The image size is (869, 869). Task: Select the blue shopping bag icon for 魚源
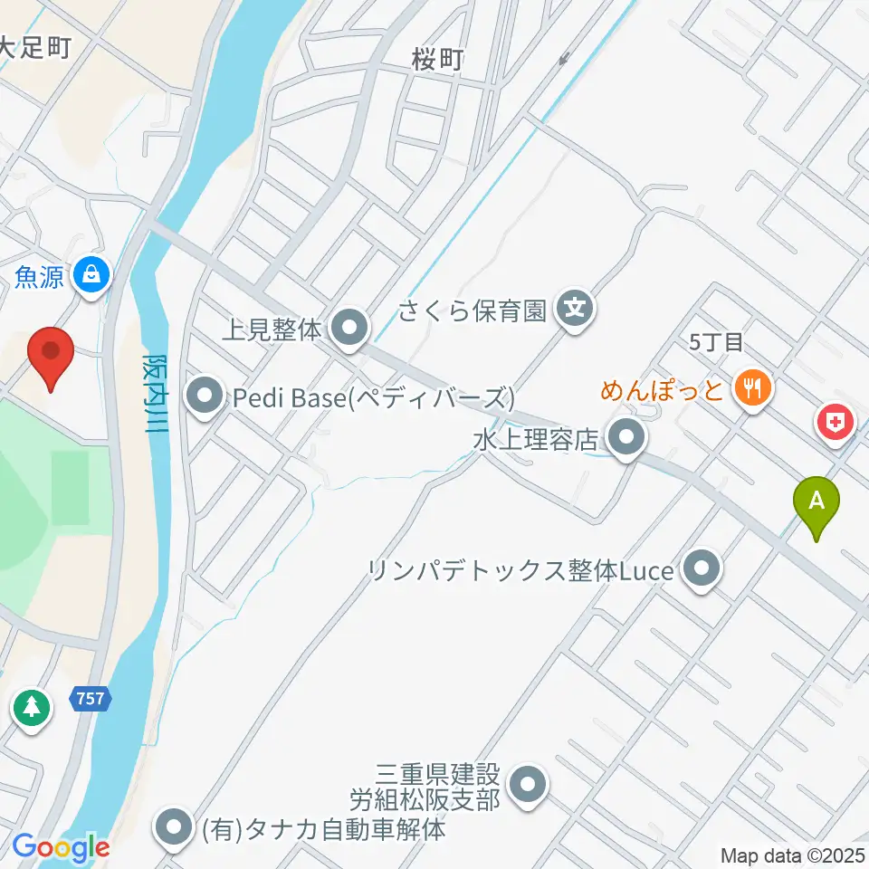(x=91, y=271)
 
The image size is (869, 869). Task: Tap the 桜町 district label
(x=437, y=60)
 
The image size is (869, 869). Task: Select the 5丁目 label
(x=715, y=342)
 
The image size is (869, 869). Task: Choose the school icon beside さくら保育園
(x=573, y=310)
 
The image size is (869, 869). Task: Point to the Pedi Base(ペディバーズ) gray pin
(x=205, y=395)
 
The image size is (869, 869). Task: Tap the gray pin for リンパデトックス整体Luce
(x=700, y=569)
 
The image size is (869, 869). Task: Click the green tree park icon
(x=32, y=706)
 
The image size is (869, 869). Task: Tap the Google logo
(x=61, y=848)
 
